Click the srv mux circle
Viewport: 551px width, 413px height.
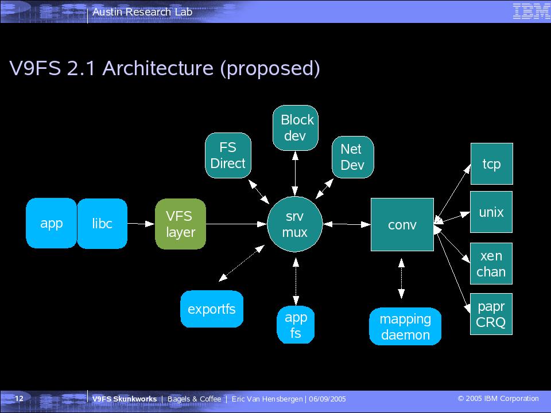pos(295,224)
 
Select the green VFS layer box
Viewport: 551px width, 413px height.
pos(180,224)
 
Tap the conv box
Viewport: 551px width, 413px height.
pos(402,224)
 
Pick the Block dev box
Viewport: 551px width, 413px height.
pos(296,128)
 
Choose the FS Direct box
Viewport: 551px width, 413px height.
pos(228,155)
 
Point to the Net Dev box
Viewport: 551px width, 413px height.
pos(352,157)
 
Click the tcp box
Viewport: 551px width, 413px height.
pos(492,163)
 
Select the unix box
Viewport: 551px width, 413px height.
pos(491,212)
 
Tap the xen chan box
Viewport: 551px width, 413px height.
pos(491,263)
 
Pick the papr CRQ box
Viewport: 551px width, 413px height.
pos(491,314)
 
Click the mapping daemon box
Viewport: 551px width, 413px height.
pos(405,326)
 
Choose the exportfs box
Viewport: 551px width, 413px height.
pos(212,309)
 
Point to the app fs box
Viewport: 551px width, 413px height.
pos(296,325)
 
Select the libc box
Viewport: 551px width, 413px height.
pos(102,223)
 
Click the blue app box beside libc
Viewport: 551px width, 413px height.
pos(51,223)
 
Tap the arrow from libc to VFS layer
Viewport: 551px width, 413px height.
pos(141,223)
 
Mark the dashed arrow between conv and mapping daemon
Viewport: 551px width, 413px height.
pos(401,279)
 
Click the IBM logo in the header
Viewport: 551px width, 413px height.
pos(531,11)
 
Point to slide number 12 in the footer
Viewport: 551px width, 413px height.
pos(19,398)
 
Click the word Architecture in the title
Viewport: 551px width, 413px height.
pos(158,68)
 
